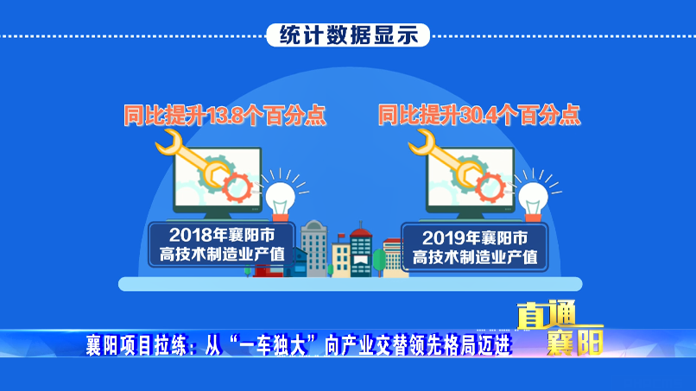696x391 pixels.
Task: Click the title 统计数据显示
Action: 349,35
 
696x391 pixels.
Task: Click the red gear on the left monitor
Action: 237,187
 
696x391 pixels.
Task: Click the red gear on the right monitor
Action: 490,187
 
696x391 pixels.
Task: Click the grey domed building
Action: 314,248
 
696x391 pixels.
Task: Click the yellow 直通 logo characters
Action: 547,315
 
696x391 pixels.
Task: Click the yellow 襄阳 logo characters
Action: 575,342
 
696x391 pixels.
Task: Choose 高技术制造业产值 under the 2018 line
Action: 222,255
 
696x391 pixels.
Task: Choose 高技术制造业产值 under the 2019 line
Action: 475,257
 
